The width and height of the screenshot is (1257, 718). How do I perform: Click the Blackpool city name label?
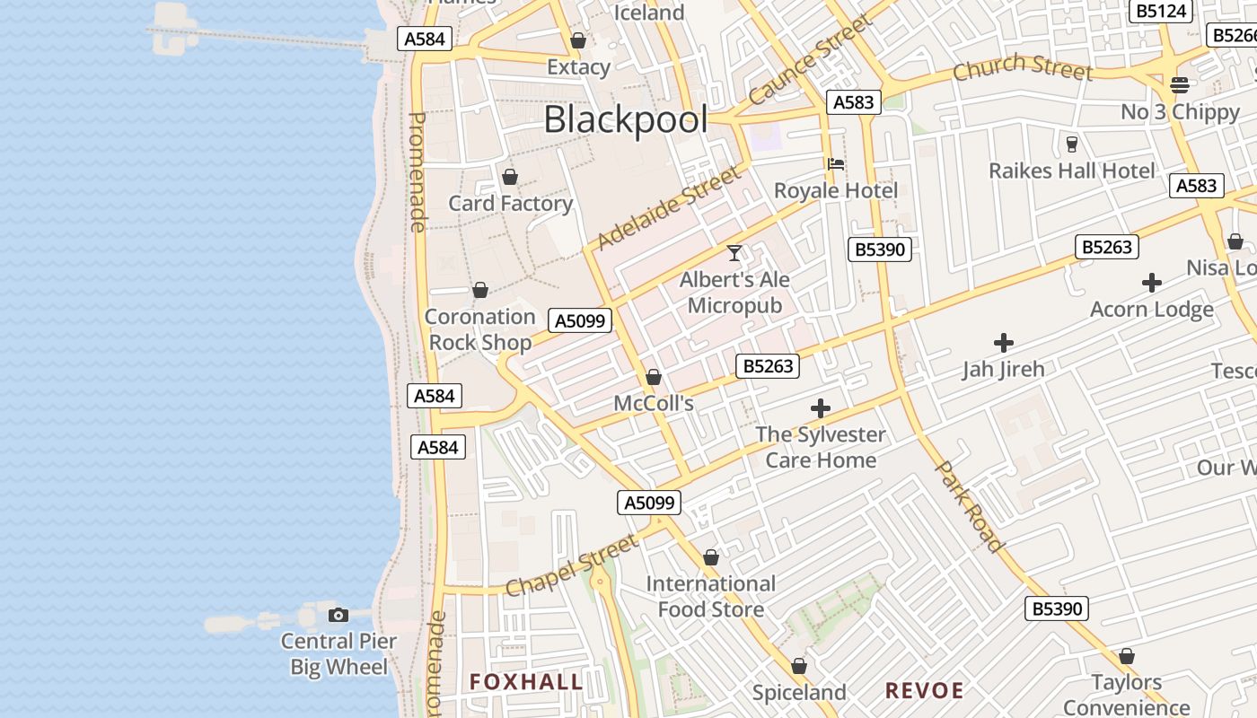626,119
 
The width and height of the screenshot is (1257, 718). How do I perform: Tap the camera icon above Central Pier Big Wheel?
338,615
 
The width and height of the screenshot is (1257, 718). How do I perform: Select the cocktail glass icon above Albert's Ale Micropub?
734,253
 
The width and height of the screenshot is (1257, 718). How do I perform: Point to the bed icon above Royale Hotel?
836,163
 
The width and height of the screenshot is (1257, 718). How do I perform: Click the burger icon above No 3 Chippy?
1180,85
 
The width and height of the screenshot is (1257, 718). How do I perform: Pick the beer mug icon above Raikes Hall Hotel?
1071,144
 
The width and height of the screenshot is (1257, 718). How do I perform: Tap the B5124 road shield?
1162,11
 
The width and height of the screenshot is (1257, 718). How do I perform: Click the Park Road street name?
969,506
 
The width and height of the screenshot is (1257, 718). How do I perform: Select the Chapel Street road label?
571,565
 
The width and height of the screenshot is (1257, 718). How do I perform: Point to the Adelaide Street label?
670,207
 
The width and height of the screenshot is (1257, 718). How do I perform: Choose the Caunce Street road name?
811,60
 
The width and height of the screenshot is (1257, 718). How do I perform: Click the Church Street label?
1023,67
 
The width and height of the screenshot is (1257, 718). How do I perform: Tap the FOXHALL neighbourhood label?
526,682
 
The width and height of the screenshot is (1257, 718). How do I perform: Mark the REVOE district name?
925,690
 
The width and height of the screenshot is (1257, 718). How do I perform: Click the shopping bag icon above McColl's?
654,377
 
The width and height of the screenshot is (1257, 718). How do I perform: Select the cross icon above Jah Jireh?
1004,343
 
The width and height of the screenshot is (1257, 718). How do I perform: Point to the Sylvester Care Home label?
821,447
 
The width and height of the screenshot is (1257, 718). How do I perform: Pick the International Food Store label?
711,597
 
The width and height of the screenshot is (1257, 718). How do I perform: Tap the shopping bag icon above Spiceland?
799,666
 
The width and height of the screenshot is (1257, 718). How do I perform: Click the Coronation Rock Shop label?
480,329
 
